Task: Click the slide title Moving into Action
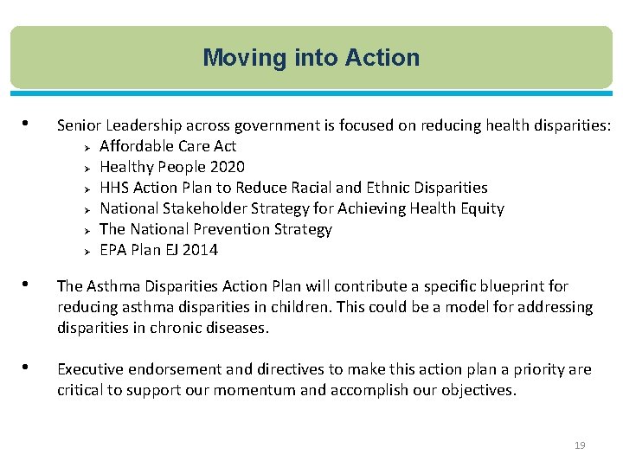311,58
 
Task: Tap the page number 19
580,445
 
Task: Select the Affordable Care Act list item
168,146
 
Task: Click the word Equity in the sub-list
481,208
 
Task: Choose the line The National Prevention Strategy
215,229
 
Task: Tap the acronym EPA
112,250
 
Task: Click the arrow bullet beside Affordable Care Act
87,147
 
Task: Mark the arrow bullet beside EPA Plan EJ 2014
87,251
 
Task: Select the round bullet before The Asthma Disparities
30,284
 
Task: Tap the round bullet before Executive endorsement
30,367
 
